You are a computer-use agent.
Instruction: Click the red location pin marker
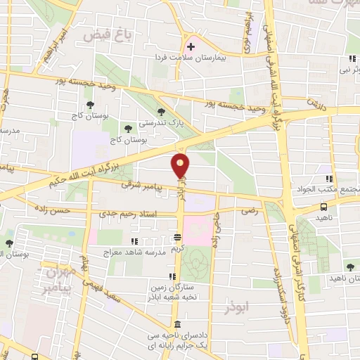point(181,166)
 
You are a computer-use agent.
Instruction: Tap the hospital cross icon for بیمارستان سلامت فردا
point(190,47)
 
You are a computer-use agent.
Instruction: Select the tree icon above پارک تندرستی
point(162,111)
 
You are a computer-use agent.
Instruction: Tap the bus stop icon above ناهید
point(324,207)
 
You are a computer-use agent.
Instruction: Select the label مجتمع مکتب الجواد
point(335,190)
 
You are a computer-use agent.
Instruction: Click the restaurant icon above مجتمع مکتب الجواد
point(329,178)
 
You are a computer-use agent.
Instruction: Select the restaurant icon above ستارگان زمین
point(173,276)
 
